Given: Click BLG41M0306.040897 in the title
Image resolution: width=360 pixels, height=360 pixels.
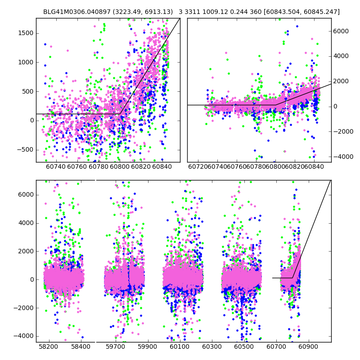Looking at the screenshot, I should pos(75,12).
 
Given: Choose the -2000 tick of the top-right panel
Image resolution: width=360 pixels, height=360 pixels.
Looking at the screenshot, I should pos(343,131).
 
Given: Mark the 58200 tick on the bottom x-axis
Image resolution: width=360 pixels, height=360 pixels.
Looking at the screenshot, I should pos(49,346).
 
